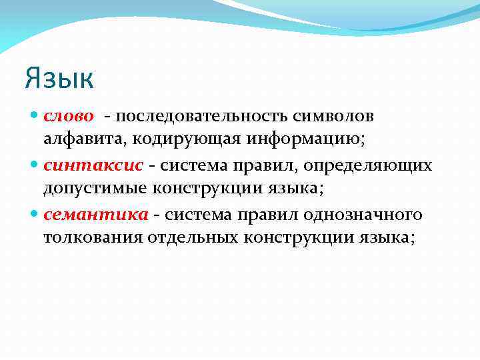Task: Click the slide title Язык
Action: coord(59,78)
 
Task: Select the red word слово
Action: coord(69,116)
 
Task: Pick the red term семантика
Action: coord(95,215)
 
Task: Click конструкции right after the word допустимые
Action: coord(198,188)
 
